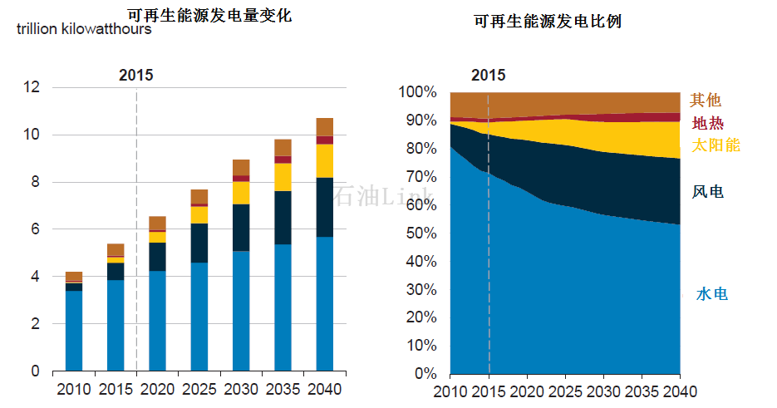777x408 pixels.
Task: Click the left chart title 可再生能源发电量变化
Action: coord(209,15)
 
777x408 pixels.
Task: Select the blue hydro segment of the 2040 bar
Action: coord(324,303)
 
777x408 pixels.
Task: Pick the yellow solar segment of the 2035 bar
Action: coord(283,177)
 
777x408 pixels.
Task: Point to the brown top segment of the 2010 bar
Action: coord(73,276)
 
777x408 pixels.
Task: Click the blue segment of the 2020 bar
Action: coord(157,320)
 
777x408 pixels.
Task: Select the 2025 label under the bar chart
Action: coord(199,389)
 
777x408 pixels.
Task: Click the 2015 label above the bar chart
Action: coord(135,75)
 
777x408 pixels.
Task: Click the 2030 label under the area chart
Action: coord(604,391)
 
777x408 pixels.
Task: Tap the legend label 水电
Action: coord(712,294)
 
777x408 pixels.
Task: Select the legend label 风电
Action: coord(707,192)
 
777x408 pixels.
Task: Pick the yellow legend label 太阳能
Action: coord(716,145)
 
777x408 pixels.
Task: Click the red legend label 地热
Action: coord(707,123)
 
